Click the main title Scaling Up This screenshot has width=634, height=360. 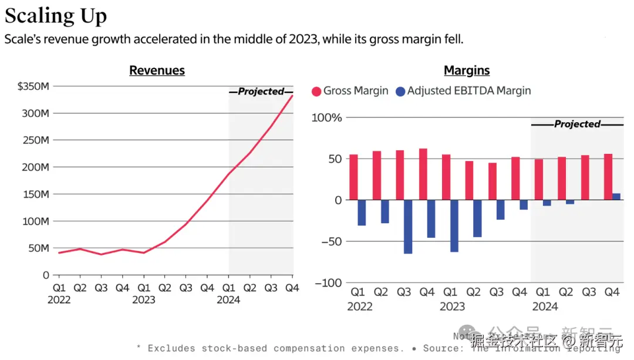coord(56,16)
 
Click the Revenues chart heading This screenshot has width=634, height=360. coord(157,70)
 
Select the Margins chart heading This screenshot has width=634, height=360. coord(467,70)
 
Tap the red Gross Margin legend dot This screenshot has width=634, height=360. coord(316,92)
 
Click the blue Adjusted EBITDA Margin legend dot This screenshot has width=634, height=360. coord(400,92)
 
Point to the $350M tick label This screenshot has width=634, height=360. coord(33,86)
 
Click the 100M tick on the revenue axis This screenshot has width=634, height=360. coord(36,221)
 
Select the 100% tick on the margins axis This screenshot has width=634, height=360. coord(327,118)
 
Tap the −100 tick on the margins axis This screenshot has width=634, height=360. coord(328,282)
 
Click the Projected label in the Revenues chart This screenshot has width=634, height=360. coord(261,92)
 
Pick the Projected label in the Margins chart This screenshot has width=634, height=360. coord(577,124)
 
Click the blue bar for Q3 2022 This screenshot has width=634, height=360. coord(408,227)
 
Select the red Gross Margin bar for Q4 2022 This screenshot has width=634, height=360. coord(423,174)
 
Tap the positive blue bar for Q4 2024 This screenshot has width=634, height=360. coord(616,197)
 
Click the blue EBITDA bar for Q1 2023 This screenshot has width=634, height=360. coord(454,226)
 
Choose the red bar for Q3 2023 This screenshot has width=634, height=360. coord(493,181)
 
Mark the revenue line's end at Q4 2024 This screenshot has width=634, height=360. coord(292,95)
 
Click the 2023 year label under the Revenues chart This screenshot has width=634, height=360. coord(143,300)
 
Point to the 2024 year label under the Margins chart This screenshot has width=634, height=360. coord(545,307)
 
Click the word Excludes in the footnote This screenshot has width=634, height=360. coord(173,348)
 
